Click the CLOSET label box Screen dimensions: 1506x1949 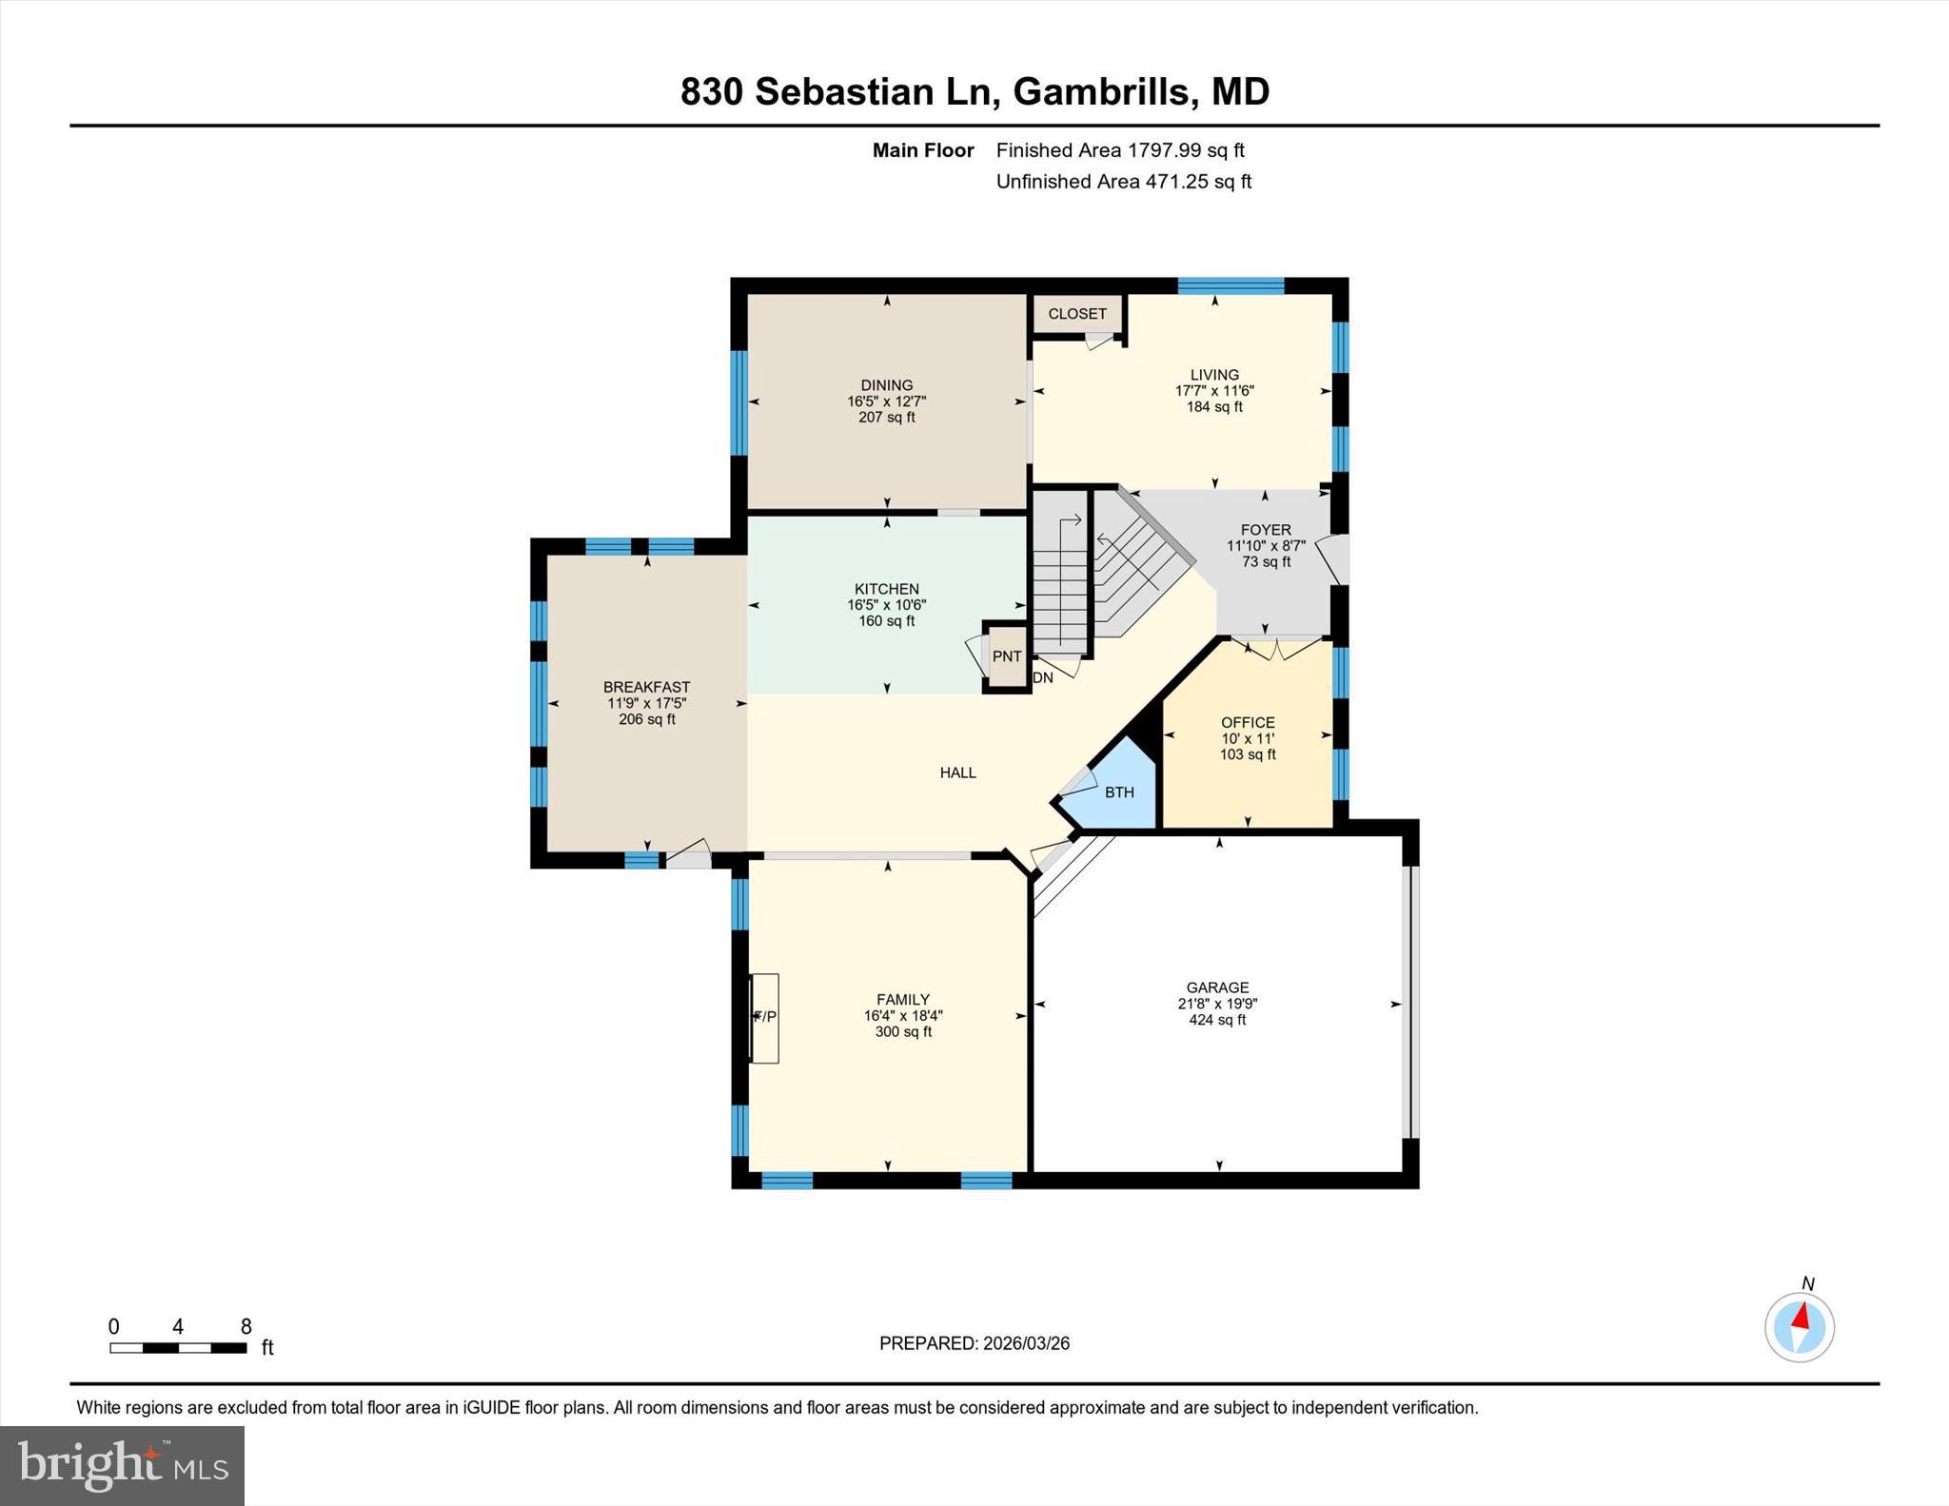pos(1077,314)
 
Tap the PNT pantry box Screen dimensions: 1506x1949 pos(1006,655)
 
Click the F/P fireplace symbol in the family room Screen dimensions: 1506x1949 pos(764,1017)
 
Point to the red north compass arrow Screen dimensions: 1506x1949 pos(1801,1317)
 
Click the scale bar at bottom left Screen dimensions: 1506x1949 pos(178,1347)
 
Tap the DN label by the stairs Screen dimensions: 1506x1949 pos(1043,678)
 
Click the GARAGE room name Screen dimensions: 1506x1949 pos(1217,988)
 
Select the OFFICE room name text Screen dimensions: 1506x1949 pos(1248,722)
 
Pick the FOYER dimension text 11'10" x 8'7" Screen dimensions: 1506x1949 pos(1266,546)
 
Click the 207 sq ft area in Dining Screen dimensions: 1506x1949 pos(886,417)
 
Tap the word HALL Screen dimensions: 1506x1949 pos(957,773)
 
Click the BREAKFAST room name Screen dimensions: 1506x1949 pos(646,687)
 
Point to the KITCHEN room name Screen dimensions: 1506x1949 pos(886,589)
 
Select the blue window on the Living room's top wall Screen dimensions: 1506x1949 pos(1230,285)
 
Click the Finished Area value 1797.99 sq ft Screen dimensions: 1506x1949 pos(1186,150)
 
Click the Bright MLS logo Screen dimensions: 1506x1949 pos(122,1465)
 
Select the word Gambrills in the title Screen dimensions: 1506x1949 pos(1101,92)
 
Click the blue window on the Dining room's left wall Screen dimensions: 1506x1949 pos(738,402)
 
